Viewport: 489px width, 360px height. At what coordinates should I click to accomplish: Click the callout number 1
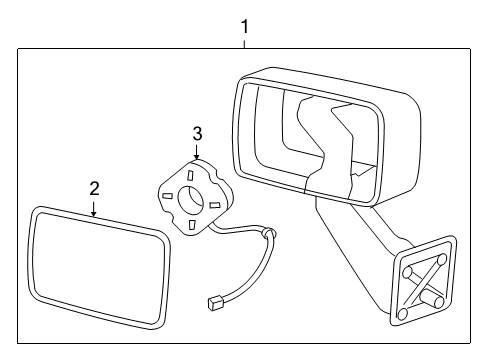point(245,27)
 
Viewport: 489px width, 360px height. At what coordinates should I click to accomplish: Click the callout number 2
point(94,188)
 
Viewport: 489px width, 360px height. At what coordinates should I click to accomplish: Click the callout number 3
point(197,133)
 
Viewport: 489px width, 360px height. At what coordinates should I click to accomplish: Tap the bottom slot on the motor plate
point(191,225)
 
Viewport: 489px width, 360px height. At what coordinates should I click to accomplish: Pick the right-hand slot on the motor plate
point(214,205)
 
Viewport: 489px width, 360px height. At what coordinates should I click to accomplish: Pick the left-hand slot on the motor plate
point(169,194)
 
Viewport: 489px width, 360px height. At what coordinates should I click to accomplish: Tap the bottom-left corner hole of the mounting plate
point(402,313)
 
